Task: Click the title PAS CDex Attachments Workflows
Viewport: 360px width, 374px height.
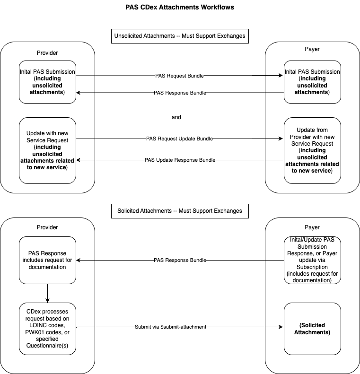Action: (x=180, y=8)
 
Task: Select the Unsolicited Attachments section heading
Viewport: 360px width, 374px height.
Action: (x=180, y=36)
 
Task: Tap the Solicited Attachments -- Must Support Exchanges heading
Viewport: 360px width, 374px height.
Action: (x=180, y=211)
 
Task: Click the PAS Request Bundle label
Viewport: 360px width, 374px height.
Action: (x=180, y=76)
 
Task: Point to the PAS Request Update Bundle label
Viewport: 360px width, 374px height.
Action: (x=180, y=139)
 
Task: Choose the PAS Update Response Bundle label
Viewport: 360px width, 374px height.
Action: (x=180, y=160)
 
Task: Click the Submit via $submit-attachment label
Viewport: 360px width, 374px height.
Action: (x=180, y=327)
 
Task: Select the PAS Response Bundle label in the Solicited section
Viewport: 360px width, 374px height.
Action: (x=180, y=261)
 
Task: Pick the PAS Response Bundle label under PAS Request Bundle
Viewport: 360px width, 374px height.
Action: (x=180, y=93)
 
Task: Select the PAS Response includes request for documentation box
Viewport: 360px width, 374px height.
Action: (x=47, y=261)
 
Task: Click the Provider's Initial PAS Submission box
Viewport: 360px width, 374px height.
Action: (x=47, y=82)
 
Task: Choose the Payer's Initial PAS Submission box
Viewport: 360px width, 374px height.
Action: (x=312, y=82)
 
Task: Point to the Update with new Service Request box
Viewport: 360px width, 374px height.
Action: (x=47, y=150)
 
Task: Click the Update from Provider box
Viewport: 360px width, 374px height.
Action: (x=312, y=150)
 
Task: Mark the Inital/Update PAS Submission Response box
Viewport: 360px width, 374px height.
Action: (x=312, y=261)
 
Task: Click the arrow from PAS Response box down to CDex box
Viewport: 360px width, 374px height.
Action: (x=47, y=294)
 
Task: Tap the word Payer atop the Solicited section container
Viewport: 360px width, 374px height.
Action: (x=312, y=227)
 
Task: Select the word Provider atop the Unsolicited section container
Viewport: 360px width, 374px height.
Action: (x=47, y=52)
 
